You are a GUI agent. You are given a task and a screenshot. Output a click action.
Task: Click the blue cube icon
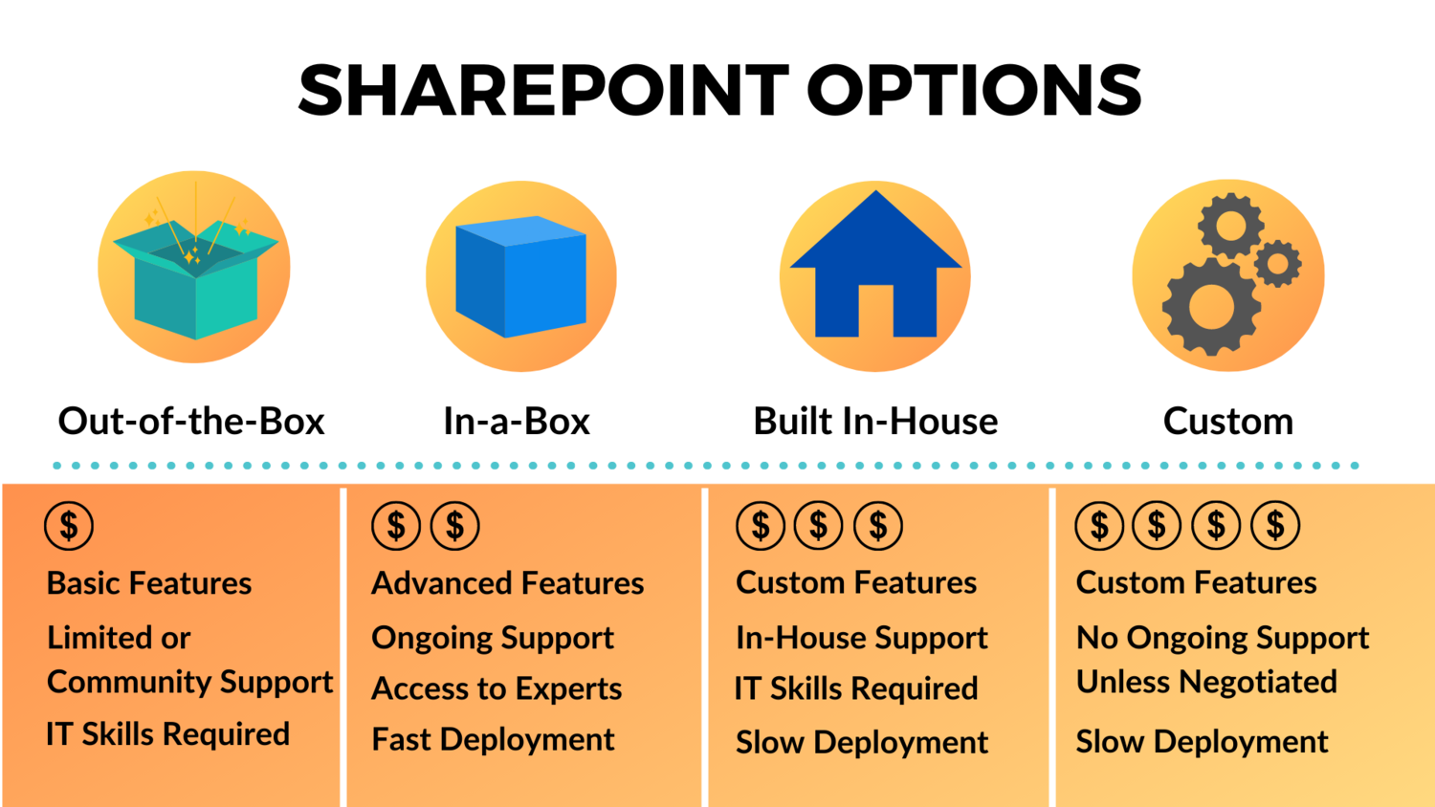click(520, 277)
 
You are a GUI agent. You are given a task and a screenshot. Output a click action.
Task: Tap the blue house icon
click(875, 268)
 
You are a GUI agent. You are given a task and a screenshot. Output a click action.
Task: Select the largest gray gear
click(1211, 306)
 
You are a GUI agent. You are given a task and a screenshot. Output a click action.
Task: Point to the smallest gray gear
click(1277, 263)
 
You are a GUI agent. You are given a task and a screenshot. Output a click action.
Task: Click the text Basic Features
click(149, 583)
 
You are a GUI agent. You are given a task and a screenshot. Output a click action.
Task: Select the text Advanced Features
click(507, 583)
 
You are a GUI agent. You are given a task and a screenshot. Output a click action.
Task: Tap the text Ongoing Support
click(492, 638)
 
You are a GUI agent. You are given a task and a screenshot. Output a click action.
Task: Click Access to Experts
click(496, 688)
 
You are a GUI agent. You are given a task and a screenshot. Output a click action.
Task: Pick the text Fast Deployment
click(493, 739)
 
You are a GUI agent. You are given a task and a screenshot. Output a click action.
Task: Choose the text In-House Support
click(861, 638)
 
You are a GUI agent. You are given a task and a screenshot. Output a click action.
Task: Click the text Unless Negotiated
click(1205, 682)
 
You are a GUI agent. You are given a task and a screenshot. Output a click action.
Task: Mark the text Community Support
click(189, 682)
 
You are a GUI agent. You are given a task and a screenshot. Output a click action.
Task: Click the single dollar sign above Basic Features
click(69, 525)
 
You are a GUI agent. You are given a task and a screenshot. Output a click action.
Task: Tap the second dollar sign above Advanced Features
click(454, 525)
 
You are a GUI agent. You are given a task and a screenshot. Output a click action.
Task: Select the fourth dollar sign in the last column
click(1275, 525)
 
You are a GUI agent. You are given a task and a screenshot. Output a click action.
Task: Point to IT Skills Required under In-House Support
click(856, 688)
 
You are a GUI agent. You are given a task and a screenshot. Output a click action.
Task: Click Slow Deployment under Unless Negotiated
click(1202, 742)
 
